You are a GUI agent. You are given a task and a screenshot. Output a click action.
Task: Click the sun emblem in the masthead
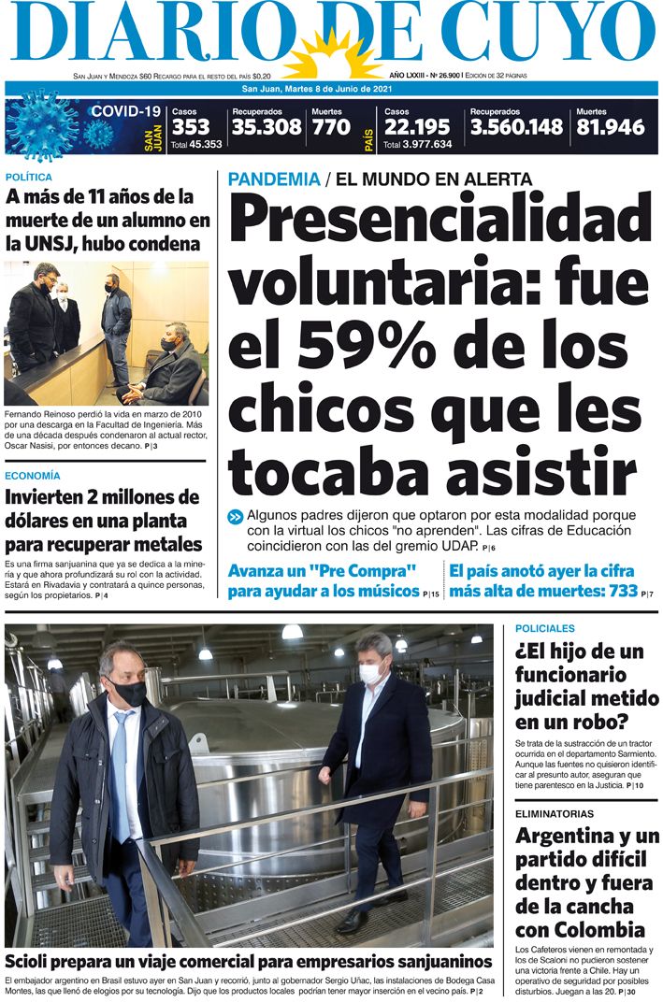pos(334,55)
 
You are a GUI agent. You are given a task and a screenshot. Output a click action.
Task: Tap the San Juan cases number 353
pos(191,127)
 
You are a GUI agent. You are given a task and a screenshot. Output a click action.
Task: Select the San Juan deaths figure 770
pos(331,127)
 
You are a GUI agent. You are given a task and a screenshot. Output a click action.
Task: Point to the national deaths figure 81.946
pos(611,127)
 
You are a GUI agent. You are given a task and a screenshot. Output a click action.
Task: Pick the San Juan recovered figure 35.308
pos(267,127)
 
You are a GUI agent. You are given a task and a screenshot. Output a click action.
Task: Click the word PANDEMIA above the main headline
pos(273,179)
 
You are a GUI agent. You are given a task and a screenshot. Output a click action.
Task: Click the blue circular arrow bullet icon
pos(235,517)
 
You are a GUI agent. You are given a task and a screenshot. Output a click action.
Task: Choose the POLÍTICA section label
pos(28,177)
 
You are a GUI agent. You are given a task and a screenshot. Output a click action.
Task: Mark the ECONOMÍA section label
pos(32,476)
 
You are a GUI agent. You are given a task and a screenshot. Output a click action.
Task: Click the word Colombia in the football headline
pos(598,929)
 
